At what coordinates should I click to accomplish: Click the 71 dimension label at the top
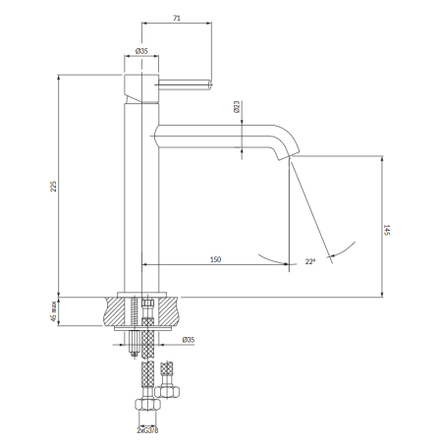(x=177, y=18)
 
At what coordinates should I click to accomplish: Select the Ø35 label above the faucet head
(x=141, y=51)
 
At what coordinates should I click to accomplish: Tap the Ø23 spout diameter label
(x=237, y=107)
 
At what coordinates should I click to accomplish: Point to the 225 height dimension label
(x=53, y=186)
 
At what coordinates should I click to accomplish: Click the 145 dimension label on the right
(x=387, y=230)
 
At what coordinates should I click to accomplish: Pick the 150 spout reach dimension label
(x=215, y=259)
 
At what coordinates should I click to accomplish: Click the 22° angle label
(x=310, y=261)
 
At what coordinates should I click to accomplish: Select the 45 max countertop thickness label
(x=54, y=311)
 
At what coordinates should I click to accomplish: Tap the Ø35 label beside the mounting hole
(x=189, y=340)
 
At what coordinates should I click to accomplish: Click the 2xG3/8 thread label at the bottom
(x=147, y=430)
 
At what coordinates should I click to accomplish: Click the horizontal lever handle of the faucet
(x=186, y=84)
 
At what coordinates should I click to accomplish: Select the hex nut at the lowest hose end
(x=148, y=404)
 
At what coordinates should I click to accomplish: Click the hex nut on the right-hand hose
(x=167, y=392)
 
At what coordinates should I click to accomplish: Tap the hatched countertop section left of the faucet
(x=114, y=311)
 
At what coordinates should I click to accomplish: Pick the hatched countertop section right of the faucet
(x=169, y=311)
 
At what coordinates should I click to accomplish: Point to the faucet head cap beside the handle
(x=141, y=88)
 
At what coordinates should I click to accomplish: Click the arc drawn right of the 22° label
(x=343, y=249)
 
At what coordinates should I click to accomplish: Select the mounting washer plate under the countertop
(x=142, y=328)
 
